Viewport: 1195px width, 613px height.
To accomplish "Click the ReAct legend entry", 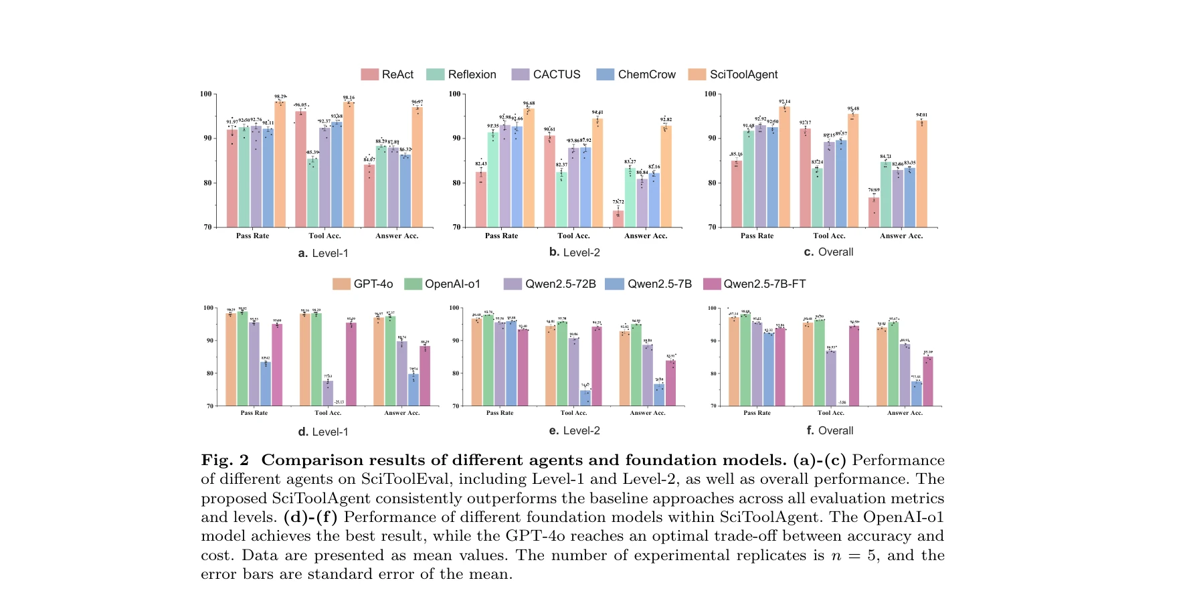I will tap(388, 74).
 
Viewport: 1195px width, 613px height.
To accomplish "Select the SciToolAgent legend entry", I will tap(734, 74).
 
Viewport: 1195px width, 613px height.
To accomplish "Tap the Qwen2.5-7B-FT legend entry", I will tap(755, 284).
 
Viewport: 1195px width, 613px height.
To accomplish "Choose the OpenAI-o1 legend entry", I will tap(443, 284).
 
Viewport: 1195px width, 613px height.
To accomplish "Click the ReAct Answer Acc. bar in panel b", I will tap(618, 219).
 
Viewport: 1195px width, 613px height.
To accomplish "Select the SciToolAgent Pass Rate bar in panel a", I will tap(280, 164).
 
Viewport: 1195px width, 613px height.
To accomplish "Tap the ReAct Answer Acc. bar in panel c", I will tap(874, 212).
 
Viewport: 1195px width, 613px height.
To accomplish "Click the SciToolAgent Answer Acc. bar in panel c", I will tap(922, 174).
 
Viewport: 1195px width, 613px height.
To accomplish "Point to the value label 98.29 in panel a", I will tap(280, 96).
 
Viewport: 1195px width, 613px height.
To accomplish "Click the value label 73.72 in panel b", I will tap(618, 201).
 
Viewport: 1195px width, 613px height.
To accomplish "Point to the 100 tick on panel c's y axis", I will tap(710, 94).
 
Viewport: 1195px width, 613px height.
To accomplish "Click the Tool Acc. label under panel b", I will tap(573, 236).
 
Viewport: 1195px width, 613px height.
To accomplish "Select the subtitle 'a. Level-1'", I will tap(323, 253).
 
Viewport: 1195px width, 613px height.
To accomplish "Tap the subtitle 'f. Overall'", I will tap(830, 430).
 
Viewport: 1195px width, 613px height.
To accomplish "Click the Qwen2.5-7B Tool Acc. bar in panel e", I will tap(585, 398).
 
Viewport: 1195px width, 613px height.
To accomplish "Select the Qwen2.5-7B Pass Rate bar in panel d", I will tap(266, 384).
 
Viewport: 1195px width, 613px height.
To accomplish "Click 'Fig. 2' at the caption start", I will tap(225, 460).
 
